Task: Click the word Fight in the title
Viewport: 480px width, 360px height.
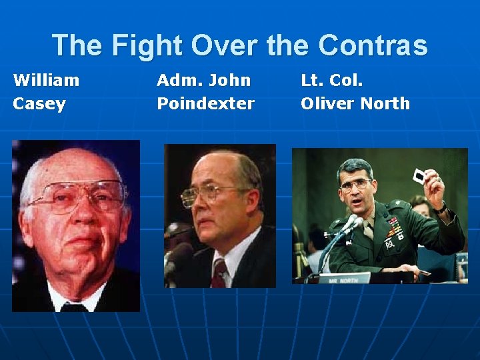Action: point(147,46)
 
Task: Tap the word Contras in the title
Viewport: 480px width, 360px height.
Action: point(373,46)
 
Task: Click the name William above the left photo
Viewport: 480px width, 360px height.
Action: point(46,81)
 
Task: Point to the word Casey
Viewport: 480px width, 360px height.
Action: point(39,104)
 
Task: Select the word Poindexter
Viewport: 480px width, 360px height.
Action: point(205,104)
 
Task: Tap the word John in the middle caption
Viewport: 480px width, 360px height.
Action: point(229,81)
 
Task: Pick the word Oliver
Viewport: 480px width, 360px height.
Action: point(327,104)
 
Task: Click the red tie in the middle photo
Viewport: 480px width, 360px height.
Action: point(219,273)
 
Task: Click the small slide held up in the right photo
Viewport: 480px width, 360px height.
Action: point(419,176)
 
